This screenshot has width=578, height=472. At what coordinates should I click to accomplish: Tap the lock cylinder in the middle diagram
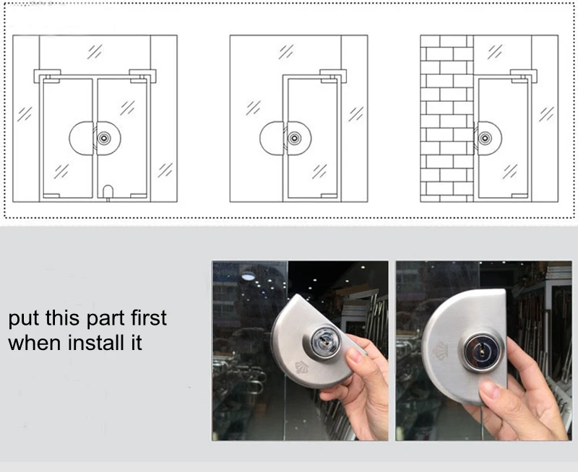[x=294, y=138]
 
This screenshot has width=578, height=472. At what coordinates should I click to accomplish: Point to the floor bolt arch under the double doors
[x=107, y=191]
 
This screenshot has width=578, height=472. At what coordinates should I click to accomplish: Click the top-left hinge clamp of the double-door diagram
[x=47, y=75]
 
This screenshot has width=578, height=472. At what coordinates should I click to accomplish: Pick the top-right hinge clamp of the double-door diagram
[x=142, y=75]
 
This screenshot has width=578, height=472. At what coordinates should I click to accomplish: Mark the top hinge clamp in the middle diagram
[x=332, y=75]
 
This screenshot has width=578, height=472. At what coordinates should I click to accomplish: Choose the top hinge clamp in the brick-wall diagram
[x=522, y=75]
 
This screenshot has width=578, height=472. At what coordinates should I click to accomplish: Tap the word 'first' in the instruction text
[x=145, y=317]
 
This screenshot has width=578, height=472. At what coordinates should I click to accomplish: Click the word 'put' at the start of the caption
[x=24, y=318]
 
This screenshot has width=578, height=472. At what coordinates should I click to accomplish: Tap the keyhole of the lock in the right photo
[x=478, y=351]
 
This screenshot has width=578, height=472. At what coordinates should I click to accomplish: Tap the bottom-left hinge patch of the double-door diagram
[x=51, y=195]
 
